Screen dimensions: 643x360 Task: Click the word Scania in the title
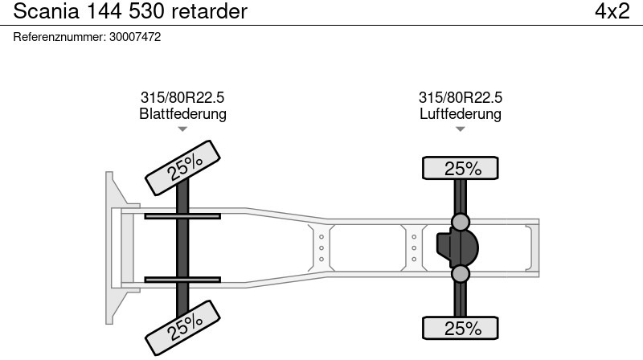coord(46,11)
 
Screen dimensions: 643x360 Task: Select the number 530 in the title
coord(147,11)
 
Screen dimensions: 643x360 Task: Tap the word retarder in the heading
coord(210,11)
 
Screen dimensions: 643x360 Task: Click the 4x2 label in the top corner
coord(612,11)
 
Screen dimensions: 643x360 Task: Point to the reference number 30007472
coord(135,37)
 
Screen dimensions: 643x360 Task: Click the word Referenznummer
coord(59,37)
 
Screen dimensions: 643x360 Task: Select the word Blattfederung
coord(183,113)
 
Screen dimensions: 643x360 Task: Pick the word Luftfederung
coord(460,113)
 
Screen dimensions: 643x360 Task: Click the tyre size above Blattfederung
coord(182,97)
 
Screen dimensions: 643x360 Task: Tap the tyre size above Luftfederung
coord(460,97)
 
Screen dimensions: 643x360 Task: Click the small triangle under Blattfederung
coord(182,129)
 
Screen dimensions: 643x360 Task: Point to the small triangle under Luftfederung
coord(460,129)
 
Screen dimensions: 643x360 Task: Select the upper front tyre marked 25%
coord(183,168)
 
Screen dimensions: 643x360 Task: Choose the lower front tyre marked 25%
coord(183,328)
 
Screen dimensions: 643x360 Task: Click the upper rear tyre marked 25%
coord(460,168)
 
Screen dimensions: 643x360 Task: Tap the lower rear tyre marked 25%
coord(460,328)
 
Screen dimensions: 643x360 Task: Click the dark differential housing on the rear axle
coord(457,247)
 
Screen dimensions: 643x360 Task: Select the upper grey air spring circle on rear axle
coord(460,222)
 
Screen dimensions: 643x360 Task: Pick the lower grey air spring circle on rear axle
coord(460,274)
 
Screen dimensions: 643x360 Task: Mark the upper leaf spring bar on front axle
coord(182,216)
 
